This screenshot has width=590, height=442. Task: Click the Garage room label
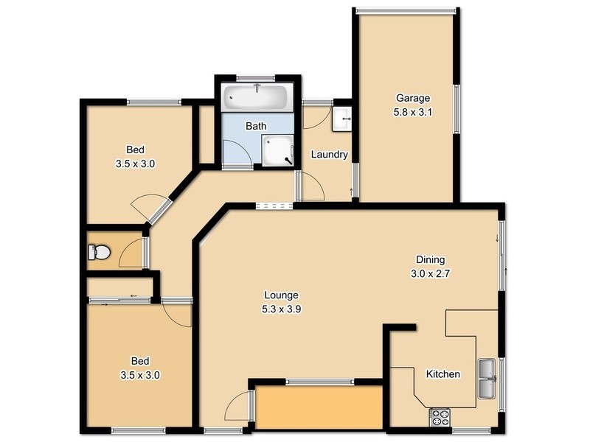pyautogui.click(x=412, y=98)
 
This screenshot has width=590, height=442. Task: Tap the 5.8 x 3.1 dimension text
pyautogui.click(x=412, y=113)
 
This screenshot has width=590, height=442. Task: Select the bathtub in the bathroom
pyautogui.click(x=257, y=96)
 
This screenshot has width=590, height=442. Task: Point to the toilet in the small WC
pyautogui.click(x=99, y=253)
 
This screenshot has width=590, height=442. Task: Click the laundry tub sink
pyautogui.click(x=341, y=119)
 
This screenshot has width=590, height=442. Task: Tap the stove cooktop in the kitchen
pyautogui.click(x=440, y=418)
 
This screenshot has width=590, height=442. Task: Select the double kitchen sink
pyautogui.click(x=487, y=377)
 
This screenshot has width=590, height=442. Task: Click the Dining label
pyautogui.click(x=430, y=259)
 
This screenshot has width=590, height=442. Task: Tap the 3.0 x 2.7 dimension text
pyautogui.click(x=430, y=274)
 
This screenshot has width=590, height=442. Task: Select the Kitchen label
pyautogui.click(x=443, y=374)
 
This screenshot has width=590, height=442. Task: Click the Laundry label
pyautogui.click(x=329, y=155)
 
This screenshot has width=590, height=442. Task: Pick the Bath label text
pyautogui.click(x=256, y=126)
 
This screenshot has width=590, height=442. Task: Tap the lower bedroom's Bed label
pyautogui.click(x=140, y=361)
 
